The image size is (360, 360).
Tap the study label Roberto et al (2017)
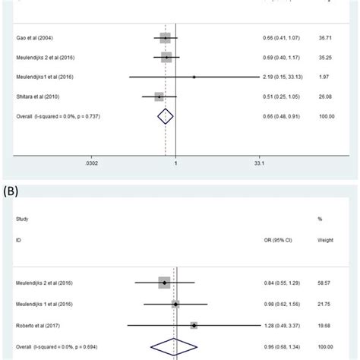(x=37, y=324)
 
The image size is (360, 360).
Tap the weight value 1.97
(x=327, y=77)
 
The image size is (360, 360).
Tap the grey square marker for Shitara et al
(x=159, y=96)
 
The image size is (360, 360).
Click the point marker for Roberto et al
(x=194, y=324)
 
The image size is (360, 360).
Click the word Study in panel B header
(x=21, y=219)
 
